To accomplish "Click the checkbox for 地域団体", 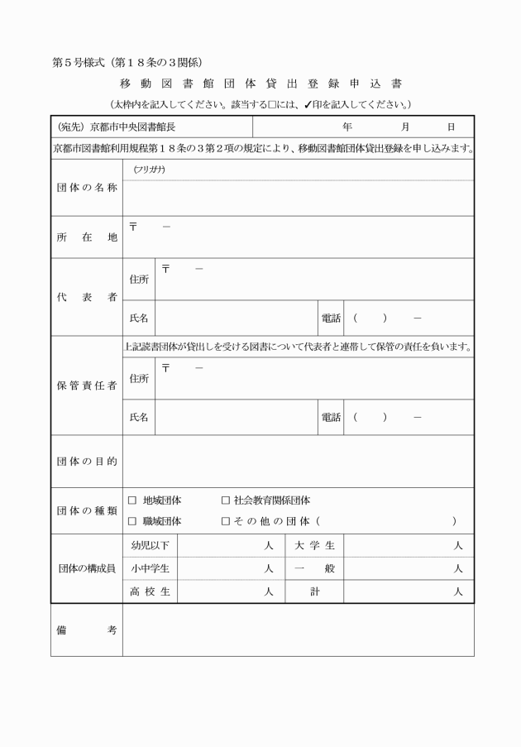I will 132,501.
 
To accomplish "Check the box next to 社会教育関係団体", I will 226,501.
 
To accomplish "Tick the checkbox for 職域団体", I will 132,522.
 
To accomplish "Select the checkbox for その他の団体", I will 226,522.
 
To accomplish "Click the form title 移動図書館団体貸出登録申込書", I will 260,84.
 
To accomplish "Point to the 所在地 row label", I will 86,237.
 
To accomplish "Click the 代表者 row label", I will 86,297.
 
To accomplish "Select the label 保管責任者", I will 86,385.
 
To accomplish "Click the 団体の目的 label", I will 86,461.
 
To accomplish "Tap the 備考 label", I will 86,630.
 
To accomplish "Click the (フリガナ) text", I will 149,170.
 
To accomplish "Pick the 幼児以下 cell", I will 150,546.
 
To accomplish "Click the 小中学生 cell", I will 150,569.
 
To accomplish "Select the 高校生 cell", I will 150,592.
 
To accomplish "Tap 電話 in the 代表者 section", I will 330,318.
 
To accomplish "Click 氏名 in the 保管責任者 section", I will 139,418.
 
